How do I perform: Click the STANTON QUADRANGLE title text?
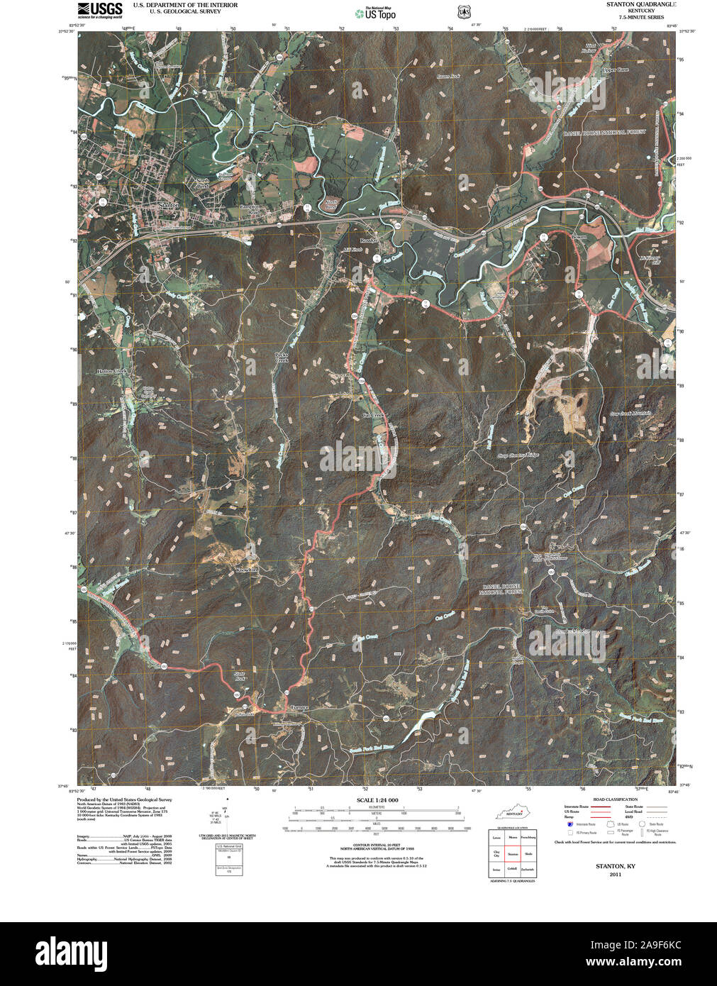(640, 4)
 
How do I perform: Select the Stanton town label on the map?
(169, 205)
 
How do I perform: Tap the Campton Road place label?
(249, 211)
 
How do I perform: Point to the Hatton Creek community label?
(112, 371)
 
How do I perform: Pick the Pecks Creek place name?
(283, 358)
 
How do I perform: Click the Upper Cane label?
(614, 70)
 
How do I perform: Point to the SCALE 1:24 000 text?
(374, 800)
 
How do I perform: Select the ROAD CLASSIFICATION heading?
(612, 799)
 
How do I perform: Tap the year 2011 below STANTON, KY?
(614, 875)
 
